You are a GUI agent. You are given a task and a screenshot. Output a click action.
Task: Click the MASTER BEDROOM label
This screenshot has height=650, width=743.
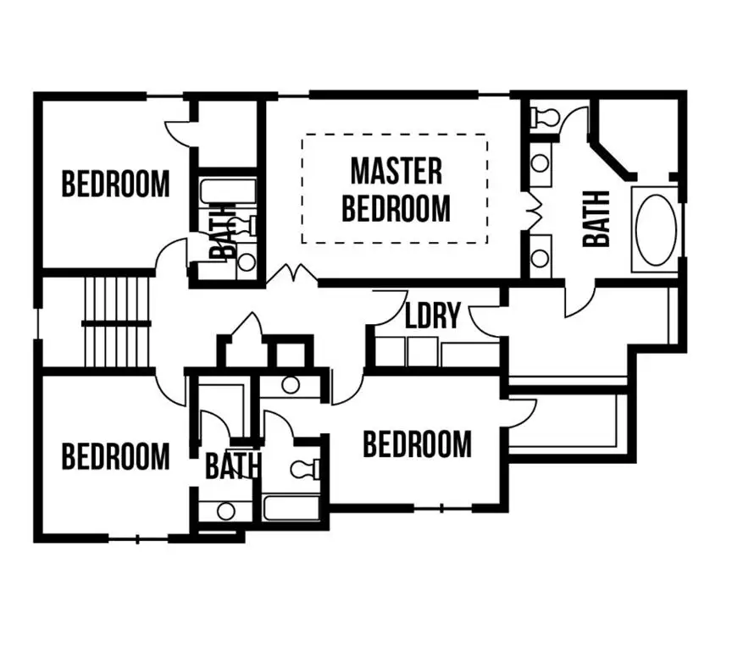[396, 190]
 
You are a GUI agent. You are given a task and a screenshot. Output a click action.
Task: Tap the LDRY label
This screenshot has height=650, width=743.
[433, 316]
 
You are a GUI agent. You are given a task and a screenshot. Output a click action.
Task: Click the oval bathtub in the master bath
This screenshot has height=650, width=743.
[656, 229]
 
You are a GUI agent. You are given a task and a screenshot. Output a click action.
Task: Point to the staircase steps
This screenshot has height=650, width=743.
[117, 322]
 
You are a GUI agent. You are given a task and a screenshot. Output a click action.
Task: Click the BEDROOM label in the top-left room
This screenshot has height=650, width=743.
[115, 185]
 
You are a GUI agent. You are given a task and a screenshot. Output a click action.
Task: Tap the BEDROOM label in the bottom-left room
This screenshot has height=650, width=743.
[115, 456]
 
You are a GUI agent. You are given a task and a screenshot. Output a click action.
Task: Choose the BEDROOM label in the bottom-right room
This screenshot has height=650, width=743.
[418, 444]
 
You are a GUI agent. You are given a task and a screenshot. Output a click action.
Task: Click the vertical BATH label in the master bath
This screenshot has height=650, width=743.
[596, 219]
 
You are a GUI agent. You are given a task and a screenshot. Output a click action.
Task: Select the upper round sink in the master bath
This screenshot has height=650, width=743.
[541, 163]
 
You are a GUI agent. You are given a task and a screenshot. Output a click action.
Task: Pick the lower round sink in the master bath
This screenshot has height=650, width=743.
[541, 258]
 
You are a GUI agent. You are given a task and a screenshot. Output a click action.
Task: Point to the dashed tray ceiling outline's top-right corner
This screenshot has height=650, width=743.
[487, 135]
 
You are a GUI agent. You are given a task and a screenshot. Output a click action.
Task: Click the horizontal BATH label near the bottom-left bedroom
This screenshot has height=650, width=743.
[233, 465]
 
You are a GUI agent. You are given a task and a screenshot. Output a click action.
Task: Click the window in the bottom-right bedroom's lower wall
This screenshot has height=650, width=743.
[442, 509]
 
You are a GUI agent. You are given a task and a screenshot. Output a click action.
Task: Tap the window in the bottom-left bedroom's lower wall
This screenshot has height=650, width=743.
[137, 538]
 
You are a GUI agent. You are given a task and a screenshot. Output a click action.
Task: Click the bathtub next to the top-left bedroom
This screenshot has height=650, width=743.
[227, 192]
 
